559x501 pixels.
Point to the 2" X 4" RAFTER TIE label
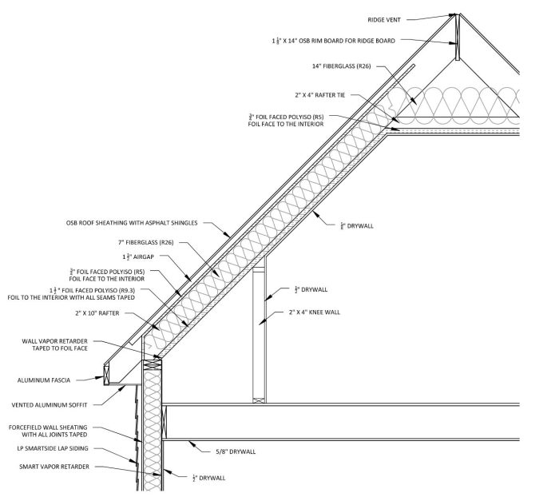319,95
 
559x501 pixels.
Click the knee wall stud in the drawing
258,336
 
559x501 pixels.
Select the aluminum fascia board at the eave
107,372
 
